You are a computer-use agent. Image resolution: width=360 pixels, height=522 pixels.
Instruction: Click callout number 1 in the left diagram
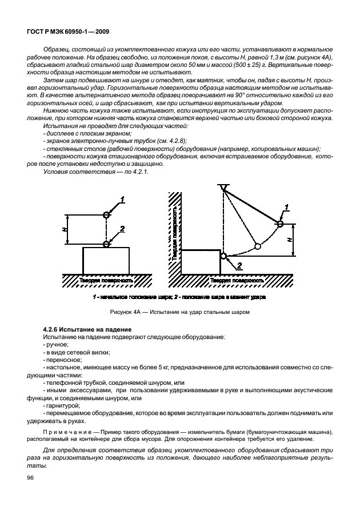[x=121, y=200]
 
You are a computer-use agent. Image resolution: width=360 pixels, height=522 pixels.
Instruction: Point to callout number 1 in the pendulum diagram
[x=286, y=207]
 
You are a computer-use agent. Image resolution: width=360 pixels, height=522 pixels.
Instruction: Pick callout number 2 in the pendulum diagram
[x=239, y=265]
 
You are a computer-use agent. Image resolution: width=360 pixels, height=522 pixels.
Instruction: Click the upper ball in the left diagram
[x=106, y=214]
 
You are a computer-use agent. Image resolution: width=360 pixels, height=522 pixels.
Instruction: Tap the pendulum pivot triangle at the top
[x=223, y=188]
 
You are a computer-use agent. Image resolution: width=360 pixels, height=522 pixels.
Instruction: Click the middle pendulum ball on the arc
[x=258, y=246]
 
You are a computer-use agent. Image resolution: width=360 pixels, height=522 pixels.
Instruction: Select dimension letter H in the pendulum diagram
[x=290, y=239]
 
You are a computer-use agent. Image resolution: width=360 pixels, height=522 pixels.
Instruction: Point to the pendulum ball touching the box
[x=223, y=256]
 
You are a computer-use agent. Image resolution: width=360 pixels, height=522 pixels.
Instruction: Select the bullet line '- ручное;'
[x=56, y=345]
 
